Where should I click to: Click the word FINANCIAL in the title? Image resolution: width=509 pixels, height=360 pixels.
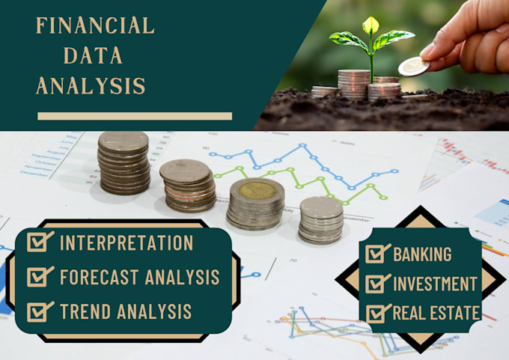95,25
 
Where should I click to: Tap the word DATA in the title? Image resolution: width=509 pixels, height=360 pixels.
93,55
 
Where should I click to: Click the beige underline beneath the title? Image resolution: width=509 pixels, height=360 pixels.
135,116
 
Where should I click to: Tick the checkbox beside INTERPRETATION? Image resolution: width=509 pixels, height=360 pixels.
40,242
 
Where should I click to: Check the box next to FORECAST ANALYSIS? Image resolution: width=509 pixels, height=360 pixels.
40,277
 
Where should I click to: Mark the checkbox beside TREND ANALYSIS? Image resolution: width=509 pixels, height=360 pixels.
40,311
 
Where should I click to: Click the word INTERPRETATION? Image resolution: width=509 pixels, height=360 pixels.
126,243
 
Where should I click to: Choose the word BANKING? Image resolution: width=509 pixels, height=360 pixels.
422,254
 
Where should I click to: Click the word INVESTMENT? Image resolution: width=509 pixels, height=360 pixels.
435,284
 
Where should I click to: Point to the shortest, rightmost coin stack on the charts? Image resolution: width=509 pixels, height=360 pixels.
321,219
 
